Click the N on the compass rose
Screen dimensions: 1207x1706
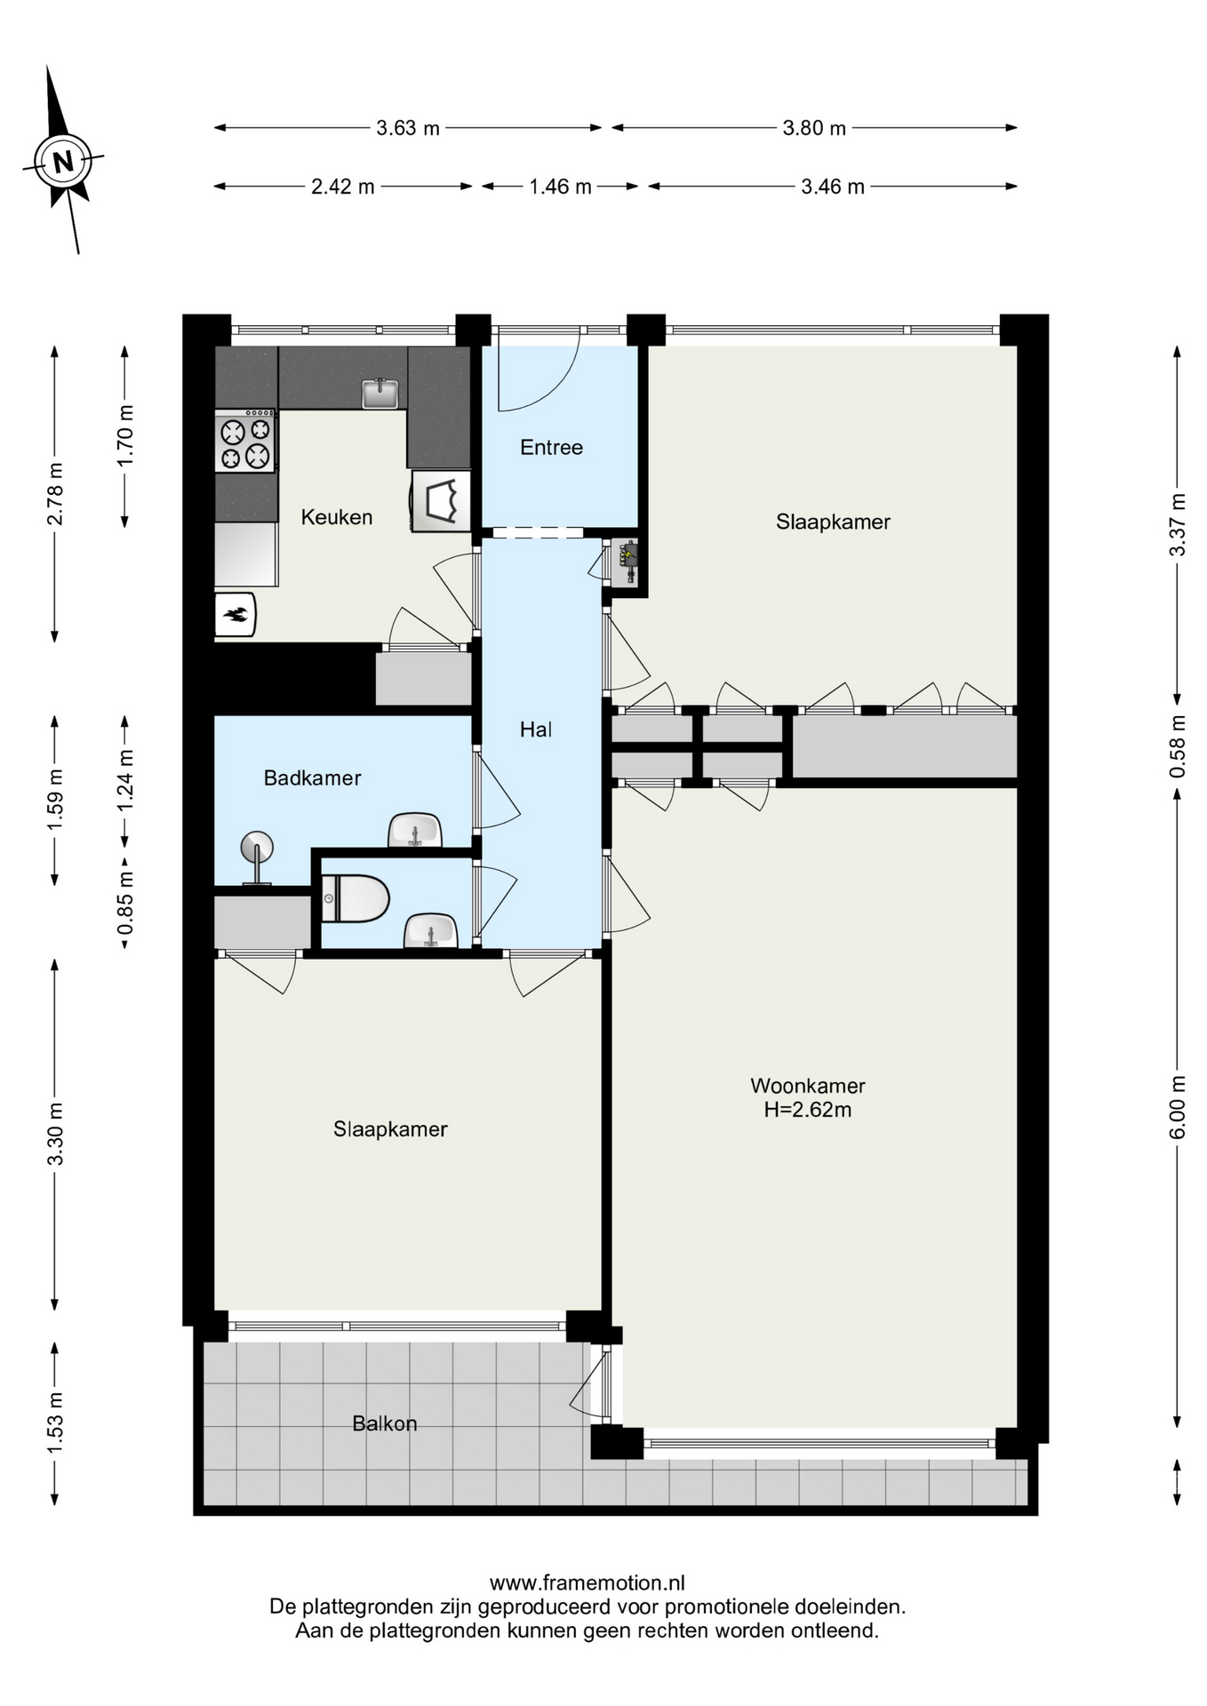pos(63,162)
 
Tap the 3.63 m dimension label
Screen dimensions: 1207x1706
pos(408,128)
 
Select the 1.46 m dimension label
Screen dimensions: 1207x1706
pos(560,187)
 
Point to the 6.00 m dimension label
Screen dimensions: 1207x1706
pos(1178,1107)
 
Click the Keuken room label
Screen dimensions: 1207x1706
pos(337,517)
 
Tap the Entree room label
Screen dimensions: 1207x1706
pos(552,448)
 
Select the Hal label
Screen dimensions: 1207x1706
pos(536,729)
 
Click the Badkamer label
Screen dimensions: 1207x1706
pos(313,778)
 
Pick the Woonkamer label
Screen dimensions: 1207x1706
pos(808,1086)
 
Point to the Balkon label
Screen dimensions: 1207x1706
pos(385,1423)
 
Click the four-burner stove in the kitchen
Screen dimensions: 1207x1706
pos(245,442)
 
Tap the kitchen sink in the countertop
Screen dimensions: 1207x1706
pos(380,393)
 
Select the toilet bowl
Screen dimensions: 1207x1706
pos(355,899)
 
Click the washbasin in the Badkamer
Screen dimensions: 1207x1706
pos(414,831)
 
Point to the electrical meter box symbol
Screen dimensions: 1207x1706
pos(627,562)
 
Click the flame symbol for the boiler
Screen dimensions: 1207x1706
pos(236,614)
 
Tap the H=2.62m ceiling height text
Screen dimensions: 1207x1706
pos(808,1110)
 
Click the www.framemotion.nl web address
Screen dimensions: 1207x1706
pos(588,1582)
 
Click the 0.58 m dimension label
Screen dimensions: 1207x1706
pos(1178,746)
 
